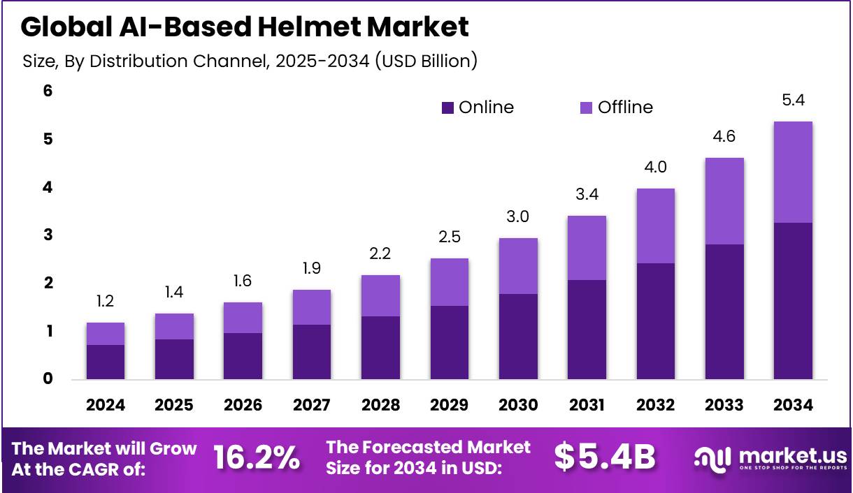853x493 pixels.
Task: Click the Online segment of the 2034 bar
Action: pyautogui.click(x=793, y=300)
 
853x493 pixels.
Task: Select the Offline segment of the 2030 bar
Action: pyautogui.click(x=518, y=266)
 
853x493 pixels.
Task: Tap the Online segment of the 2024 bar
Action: pyautogui.click(x=106, y=362)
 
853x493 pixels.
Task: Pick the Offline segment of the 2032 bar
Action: pyautogui.click(x=655, y=226)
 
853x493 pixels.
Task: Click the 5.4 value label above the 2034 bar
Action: pyautogui.click(x=793, y=100)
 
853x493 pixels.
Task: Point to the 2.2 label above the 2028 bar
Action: pyautogui.click(x=381, y=254)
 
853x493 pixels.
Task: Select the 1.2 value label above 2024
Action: pyautogui.click(x=106, y=302)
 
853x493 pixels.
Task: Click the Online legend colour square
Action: pyautogui.click(x=447, y=108)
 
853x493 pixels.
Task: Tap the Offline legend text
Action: pyautogui.click(x=625, y=107)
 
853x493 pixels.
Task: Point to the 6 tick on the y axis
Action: pyautogui.click(x=48, y=91)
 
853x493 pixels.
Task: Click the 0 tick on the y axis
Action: pyautogui.click(x=48, y=379)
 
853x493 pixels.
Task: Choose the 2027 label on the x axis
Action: pyautogui.click(x=312, y=405)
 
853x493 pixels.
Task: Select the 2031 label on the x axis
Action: pyautogui.click(x=587, y=405)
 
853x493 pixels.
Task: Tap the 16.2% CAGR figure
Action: pyautogui.click(x=256, y=457)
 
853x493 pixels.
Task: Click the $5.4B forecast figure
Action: pyautogui.click(x=605, y=457)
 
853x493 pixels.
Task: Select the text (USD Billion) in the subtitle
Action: pyautogui.click(x=426, y=61)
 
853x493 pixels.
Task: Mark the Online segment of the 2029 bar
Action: pyautogui.click(x=450, y=342)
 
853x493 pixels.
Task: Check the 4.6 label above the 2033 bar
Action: pyautogui.click(x=724, y=137)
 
